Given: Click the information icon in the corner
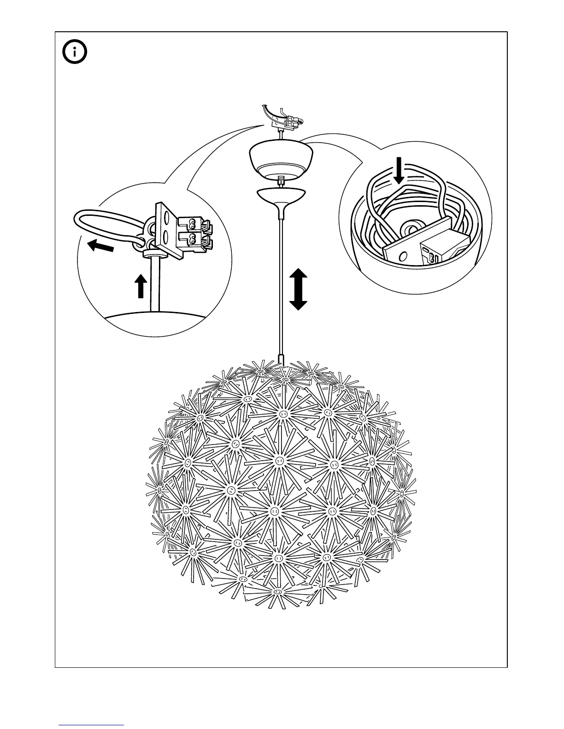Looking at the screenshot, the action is (x=75, y=53).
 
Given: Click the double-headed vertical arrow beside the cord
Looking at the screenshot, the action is (x=298, y=289).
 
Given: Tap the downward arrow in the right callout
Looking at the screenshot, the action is (x=399, y=170).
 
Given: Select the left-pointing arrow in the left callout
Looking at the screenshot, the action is (x=100, y=246).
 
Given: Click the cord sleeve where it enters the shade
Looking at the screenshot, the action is (x=281, y=359).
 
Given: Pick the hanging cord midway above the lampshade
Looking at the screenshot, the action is (x=280, y=285).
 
